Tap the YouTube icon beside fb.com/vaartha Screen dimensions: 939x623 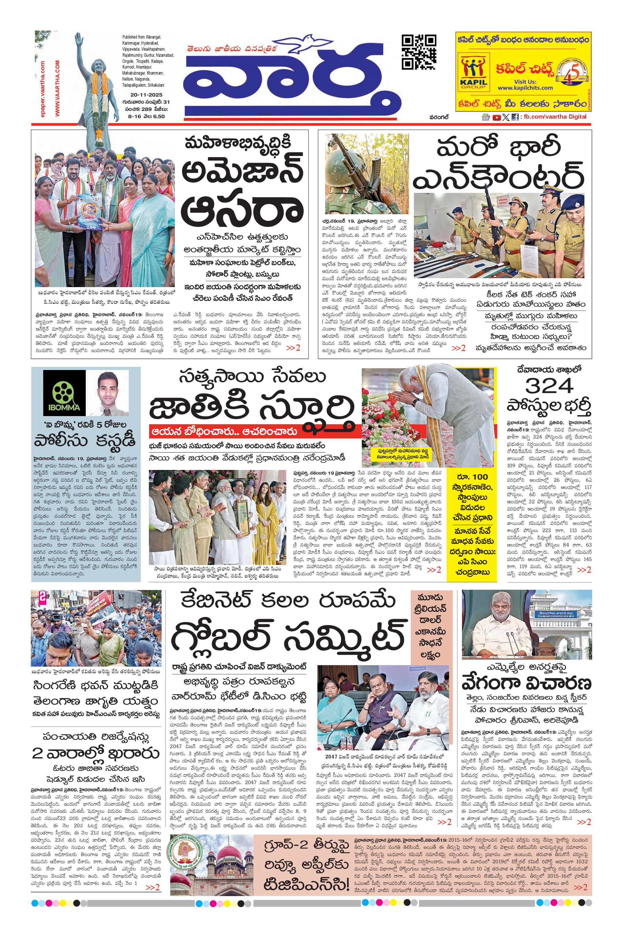tap(496, 117)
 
